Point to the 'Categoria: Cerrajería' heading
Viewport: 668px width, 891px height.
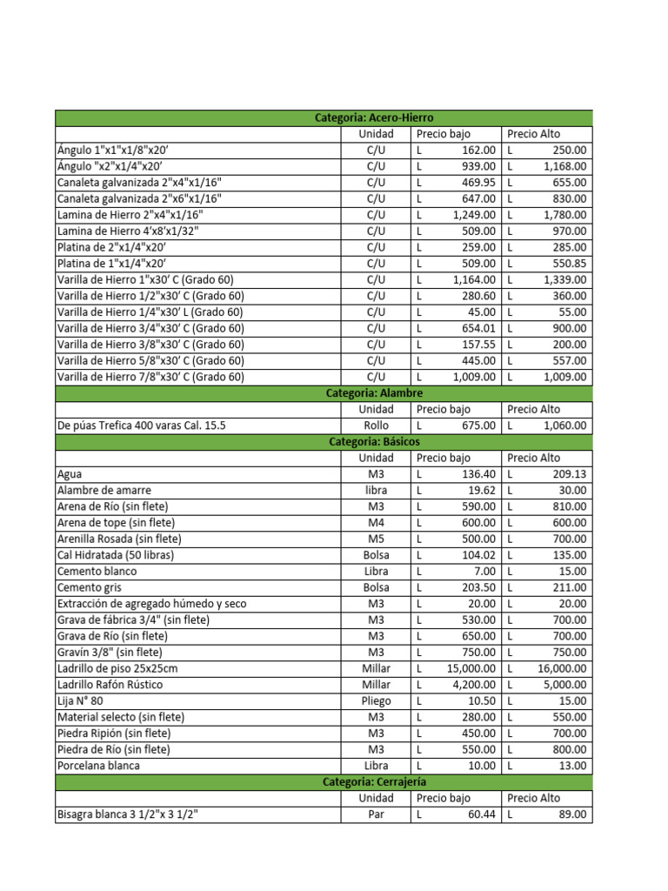pyautogui.click(x=374, y=782)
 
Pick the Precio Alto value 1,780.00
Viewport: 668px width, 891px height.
pyautogui.click(x=564, y=215)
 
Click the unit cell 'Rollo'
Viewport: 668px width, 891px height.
pyautogui.click(x=376, y=425)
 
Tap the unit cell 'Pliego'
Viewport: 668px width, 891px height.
pyautogui.click(x=376, y=700)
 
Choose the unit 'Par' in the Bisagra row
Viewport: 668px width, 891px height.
pyautogui.click(x=376, y=814)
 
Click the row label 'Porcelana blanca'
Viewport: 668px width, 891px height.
pyautogui.click(x=98, y=766)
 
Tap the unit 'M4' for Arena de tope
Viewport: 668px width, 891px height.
pyautogui.click(x=376, y=523)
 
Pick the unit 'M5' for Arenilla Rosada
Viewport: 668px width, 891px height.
pyautogui.click(x=376, y=539)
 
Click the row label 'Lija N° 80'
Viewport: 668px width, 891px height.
pyautogui.click(x=80, y=700)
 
